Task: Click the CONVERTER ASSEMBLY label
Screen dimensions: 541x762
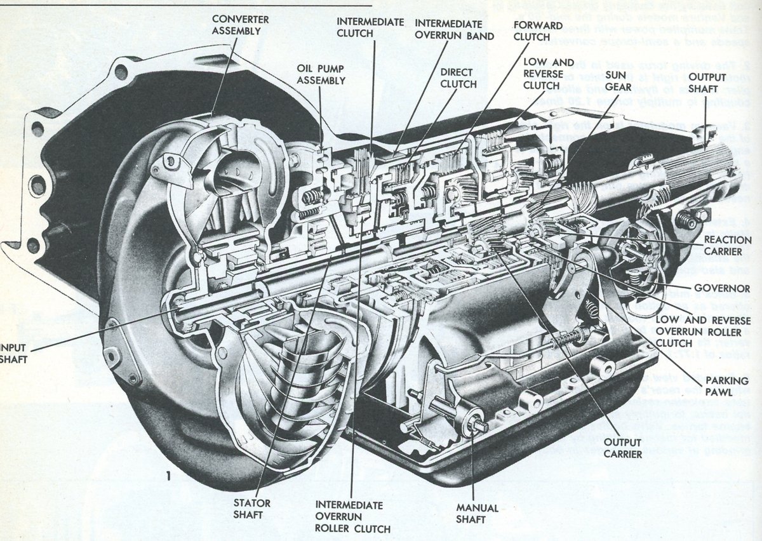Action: [x=240, y=25]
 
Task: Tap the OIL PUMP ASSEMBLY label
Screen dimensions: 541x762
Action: [x=321, y=74]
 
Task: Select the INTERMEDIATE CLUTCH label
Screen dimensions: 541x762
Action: [x=370, y=27]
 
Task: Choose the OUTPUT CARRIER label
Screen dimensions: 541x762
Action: [x=623, y=448]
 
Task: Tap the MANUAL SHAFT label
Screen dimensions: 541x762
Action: [x=477, y=514]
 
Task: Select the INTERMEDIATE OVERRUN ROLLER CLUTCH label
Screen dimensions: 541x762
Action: [x=352, y=516]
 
